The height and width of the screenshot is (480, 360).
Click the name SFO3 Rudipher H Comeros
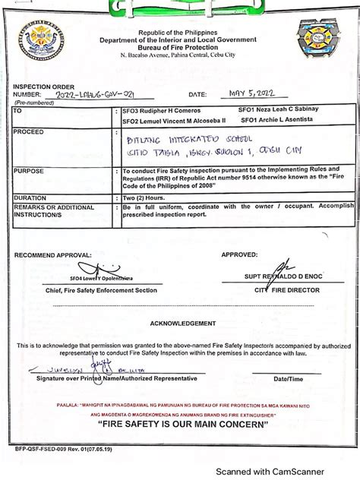point(161,110)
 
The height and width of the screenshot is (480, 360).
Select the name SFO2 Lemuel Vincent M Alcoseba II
point(174,121)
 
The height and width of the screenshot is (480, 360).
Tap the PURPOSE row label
point(29,172)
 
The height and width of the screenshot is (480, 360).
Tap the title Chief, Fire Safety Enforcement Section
point(91,290)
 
